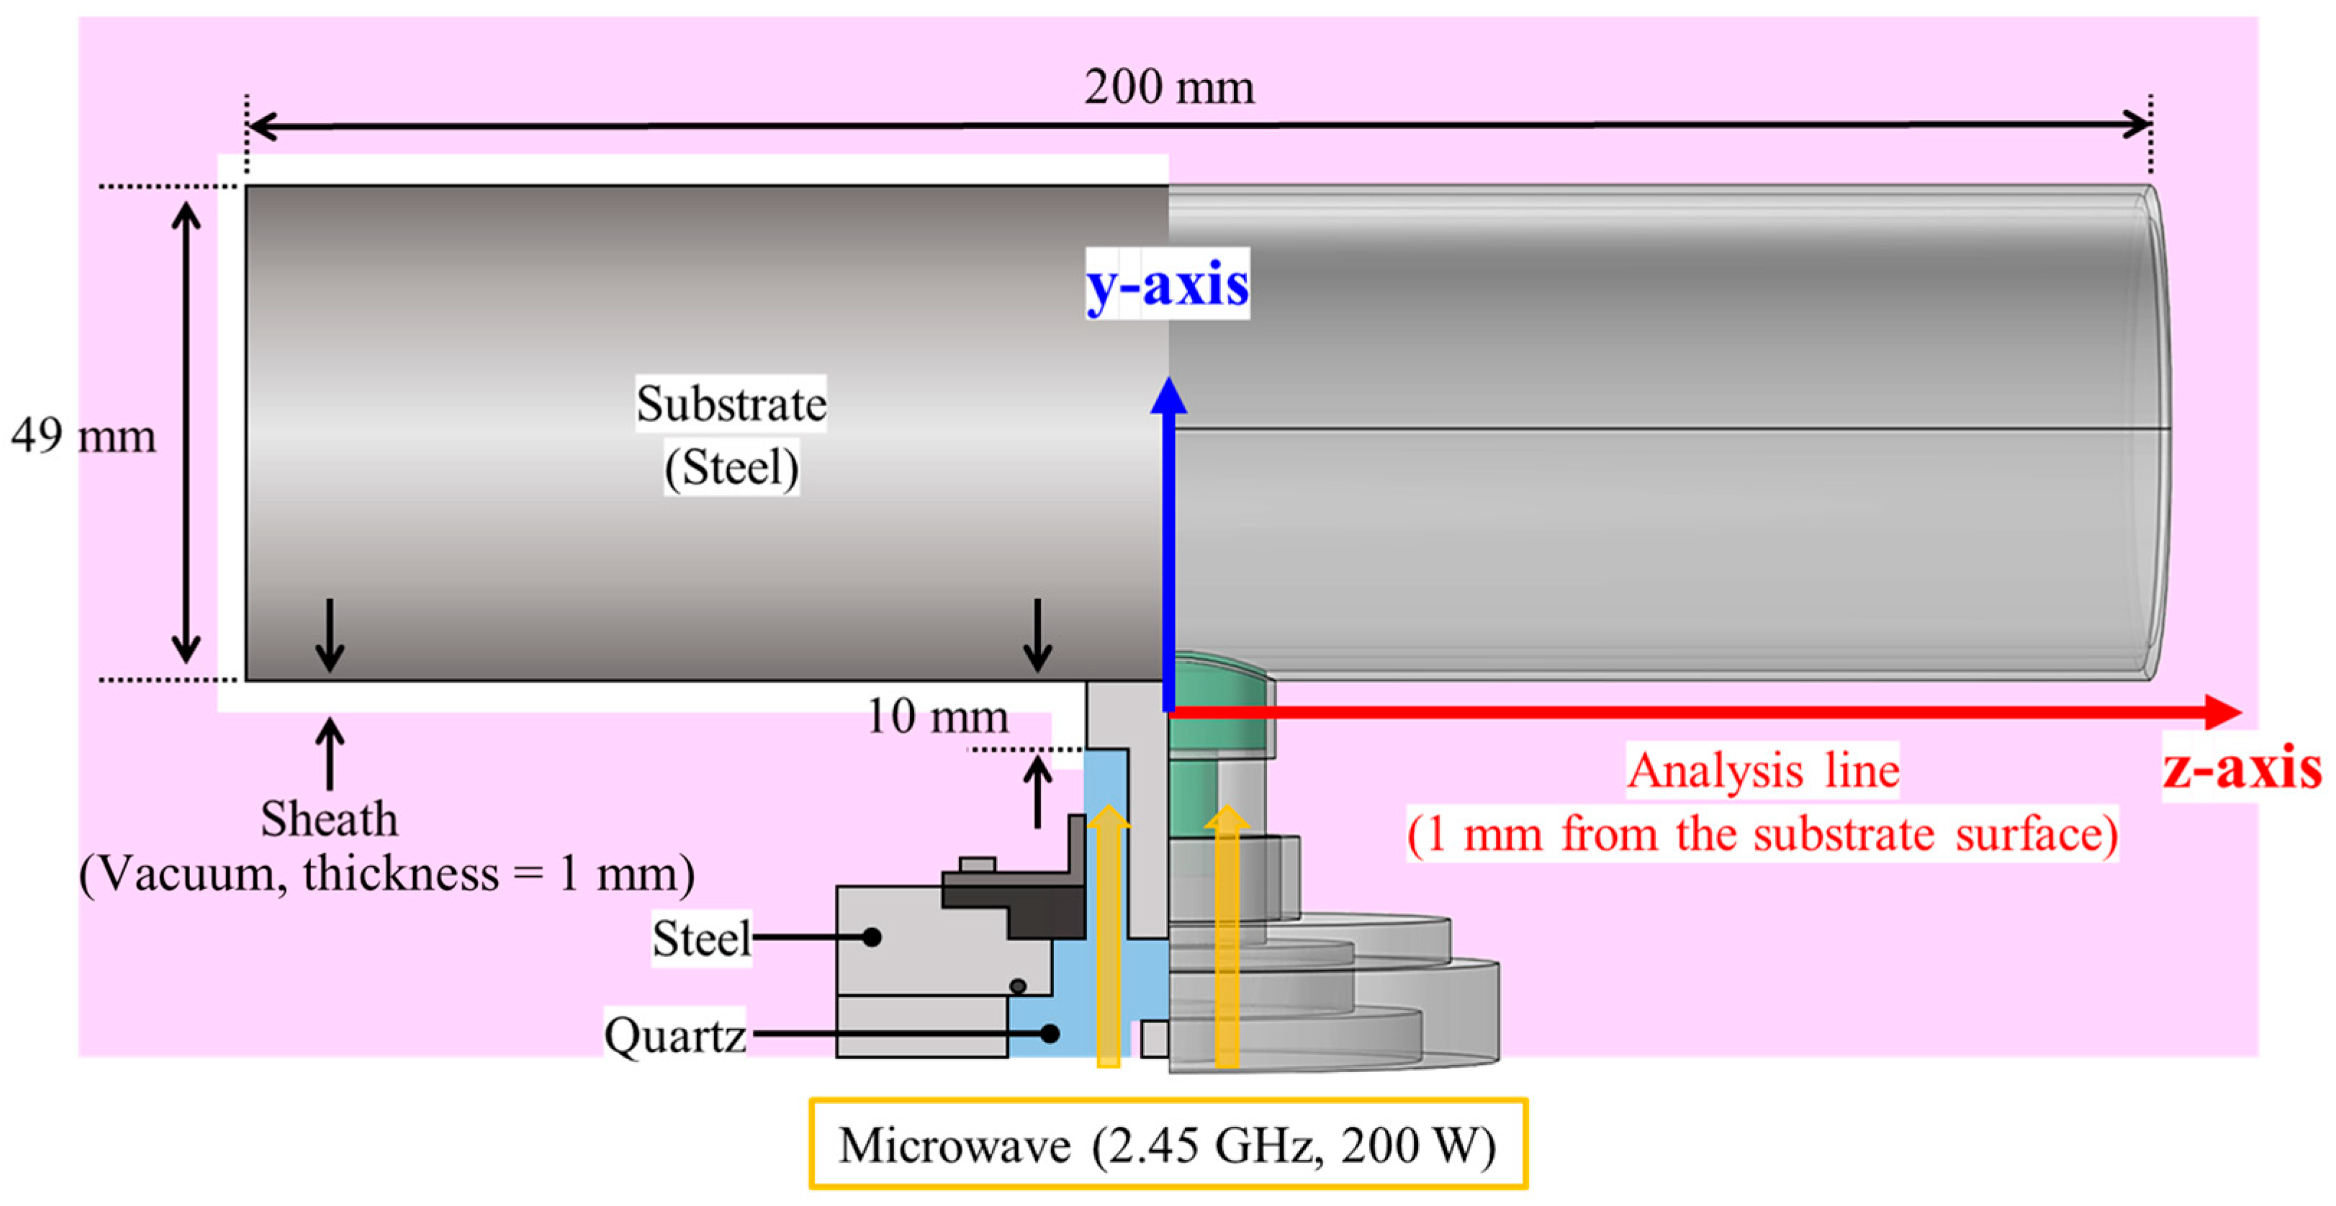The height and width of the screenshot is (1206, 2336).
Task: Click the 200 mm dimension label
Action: coord(1169,89)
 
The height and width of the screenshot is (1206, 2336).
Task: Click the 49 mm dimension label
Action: coord(84,436)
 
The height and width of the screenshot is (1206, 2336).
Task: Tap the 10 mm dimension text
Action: coord(937,716)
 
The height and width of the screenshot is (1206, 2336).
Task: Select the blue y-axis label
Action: coord(1167,284)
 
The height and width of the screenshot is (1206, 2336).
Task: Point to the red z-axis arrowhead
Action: coord(2222,712)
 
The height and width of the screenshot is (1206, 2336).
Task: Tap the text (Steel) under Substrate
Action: coord(731,468)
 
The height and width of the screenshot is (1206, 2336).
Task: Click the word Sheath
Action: coord(329,819)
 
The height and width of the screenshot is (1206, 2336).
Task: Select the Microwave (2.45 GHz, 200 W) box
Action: coord(1167,1144)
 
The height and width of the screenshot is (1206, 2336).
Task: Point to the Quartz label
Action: coord(675,1035)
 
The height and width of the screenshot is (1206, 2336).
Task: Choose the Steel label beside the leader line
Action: coord(701,937)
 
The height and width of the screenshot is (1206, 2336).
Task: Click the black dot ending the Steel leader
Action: coord(872,937)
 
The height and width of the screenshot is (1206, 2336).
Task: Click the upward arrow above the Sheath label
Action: coord(329,752)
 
